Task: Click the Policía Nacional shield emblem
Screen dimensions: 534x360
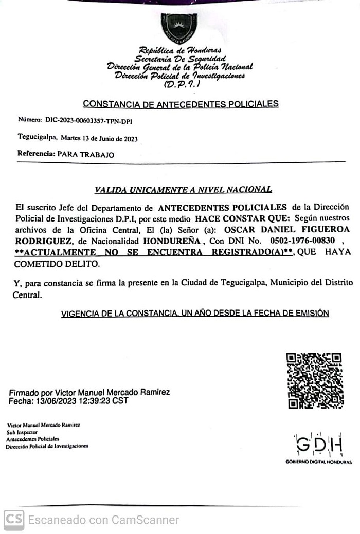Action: pyautogui.click(x=179, y=28)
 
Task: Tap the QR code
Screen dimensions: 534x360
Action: pyautogui.click(x=314, y=381)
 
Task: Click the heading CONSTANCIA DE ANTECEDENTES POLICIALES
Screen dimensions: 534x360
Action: pyautogui.click(x=181, y=104)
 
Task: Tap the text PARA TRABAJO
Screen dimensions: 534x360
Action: pyautogui.click(x=86, y=154)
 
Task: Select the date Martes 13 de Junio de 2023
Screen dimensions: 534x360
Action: pyautogui.click(x=99, y=139)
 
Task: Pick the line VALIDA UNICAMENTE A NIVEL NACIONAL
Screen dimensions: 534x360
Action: pyautogui.click(x=183, y=190)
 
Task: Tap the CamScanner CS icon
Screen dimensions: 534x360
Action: pyautogui.click(x=13, y=520)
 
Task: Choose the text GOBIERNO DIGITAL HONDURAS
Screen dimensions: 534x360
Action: pyautogui.click(x=319, y=462)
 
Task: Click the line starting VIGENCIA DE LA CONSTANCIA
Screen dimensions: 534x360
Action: pyautogui.click(x=195, y=313)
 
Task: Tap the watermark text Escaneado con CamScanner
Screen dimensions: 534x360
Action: pyautogui.click(x=103, y=520)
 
